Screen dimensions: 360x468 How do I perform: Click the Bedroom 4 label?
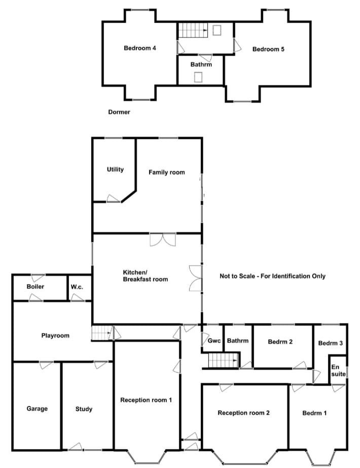[x=140, y=48]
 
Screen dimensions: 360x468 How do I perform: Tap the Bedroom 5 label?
[x=268, y=49]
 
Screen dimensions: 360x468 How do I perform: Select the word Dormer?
[x=119, y=112]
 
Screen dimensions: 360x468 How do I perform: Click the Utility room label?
[x=115, y=169]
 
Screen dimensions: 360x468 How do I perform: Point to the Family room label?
[x=167, y=172]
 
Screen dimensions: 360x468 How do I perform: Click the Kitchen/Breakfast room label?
[x=146, y=276]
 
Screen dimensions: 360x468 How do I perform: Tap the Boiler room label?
[x=35, y=286]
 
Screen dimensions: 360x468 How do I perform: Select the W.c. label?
[x=77, y=287]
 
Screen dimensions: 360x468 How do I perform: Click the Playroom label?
[x=55, y=336]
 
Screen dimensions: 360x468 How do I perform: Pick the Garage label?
[x=37, y=409]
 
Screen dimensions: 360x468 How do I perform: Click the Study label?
[x=84, y=409]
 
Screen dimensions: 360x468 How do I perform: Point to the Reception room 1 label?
[x=146, y=400]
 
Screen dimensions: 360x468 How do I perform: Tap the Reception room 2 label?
[x=243, y=413]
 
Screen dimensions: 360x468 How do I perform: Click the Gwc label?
[x=214, y=341]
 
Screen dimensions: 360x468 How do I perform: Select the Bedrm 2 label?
[x=280, y=342]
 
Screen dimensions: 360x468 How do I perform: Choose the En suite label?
[x=339, y=371]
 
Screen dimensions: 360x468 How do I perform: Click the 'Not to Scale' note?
[x=273, y=276]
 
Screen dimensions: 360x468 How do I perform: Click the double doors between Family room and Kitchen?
[x=163, y=240]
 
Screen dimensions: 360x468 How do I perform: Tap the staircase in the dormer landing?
[x=193, y=30]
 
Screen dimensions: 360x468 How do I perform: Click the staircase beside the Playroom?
[x=102, y=333]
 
